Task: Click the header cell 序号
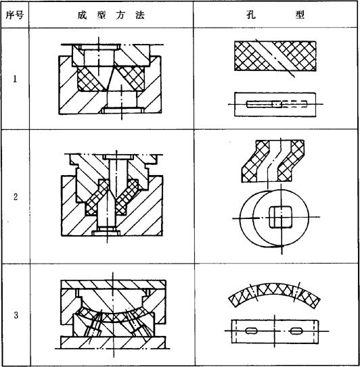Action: (x=14, y=16)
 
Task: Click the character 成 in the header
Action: (x=82, y=16)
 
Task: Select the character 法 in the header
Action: (x=140, y=16)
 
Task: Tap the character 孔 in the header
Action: (x=251, y=15)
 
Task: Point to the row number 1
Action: (x=16, y=79)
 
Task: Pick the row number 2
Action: (x=16, y=197)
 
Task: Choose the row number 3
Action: (x=16, y=315)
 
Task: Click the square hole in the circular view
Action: (x=280, y=217)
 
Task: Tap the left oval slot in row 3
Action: (x=251, y=331)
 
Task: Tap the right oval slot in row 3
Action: (x=296, y=331)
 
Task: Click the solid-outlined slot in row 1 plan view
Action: (x=264, y=104)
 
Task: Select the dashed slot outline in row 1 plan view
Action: (x=294, y=104)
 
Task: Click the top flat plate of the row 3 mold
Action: (x=113, y=285)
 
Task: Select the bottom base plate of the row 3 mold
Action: (x=113, y=342)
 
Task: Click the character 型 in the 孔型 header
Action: (x=300, y=15)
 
